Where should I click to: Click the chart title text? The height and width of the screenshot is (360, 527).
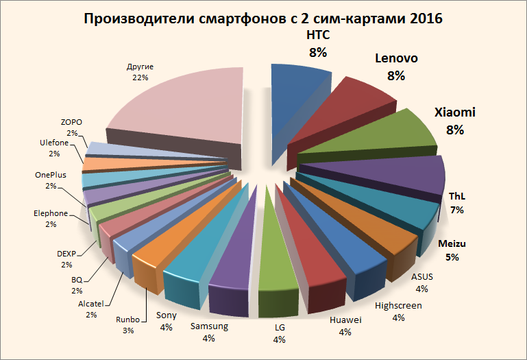click(x=263, y=19)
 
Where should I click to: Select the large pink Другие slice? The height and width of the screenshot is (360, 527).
click(x=178, y=103)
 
